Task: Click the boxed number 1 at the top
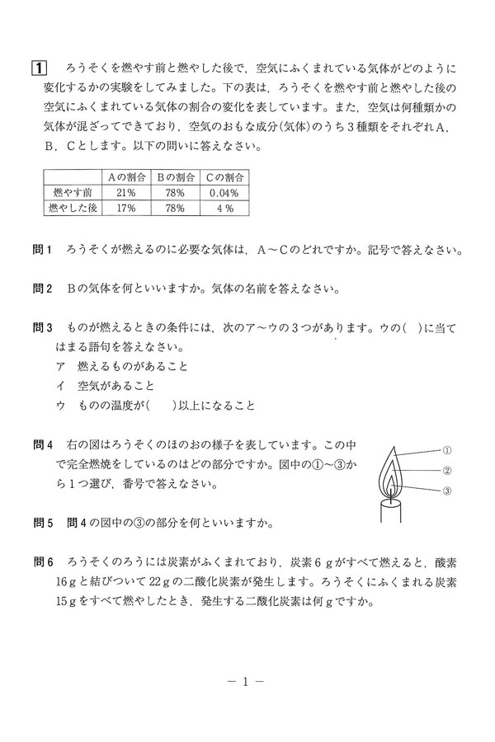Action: pyautogui.click(x=37, y=68)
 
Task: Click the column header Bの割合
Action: pyautogui.click(x=174, y=177)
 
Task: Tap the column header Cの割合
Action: pyautogui.click(x=224, y=177)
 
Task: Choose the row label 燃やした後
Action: pyautogui.click(x=71, y=209)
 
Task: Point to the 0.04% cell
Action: pyautogui.click(x=224, y=193)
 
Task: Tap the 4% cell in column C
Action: pyautogui.click(x=224, y=209)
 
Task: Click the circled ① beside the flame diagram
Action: pyautogui.click(x=446, y=450)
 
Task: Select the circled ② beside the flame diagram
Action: pyautogui.click(x=446, y=471)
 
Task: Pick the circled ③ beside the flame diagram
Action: pyautogui.click(x=446, y=491)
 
